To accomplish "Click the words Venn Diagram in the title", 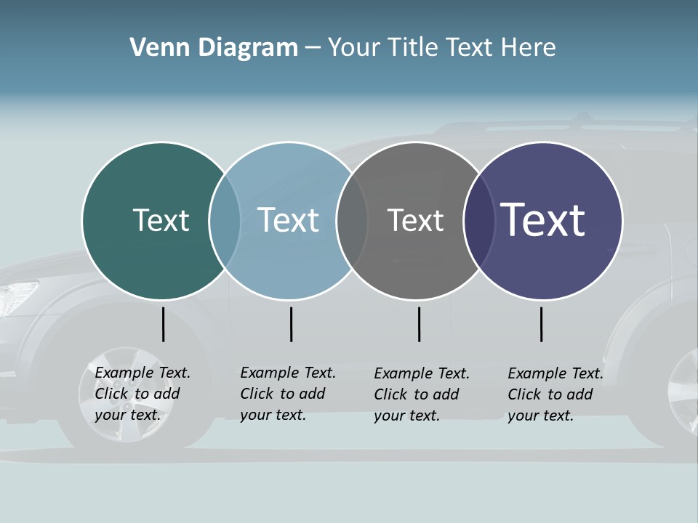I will coord(214,48).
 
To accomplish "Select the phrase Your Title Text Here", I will coord(441,48).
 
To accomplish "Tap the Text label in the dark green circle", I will coord(161,220).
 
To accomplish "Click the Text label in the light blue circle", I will coord(288,220).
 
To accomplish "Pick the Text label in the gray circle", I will coord(415,220).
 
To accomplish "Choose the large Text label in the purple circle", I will coord(542,219).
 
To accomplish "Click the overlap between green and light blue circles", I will coord(225,221).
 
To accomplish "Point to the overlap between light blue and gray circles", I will coord(352,221).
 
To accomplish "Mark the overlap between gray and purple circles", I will coord(479,221).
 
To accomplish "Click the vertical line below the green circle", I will coord(164,324).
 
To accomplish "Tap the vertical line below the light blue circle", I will coord(291,324).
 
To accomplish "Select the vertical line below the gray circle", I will coord(419,324).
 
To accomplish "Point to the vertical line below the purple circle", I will coord(541,324).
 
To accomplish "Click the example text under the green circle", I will coord(142,394).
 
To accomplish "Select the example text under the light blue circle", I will coord(287,394).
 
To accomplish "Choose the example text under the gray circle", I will coord(421,394).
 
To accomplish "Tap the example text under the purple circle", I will coord(555,394).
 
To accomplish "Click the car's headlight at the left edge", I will coord(16,296).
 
